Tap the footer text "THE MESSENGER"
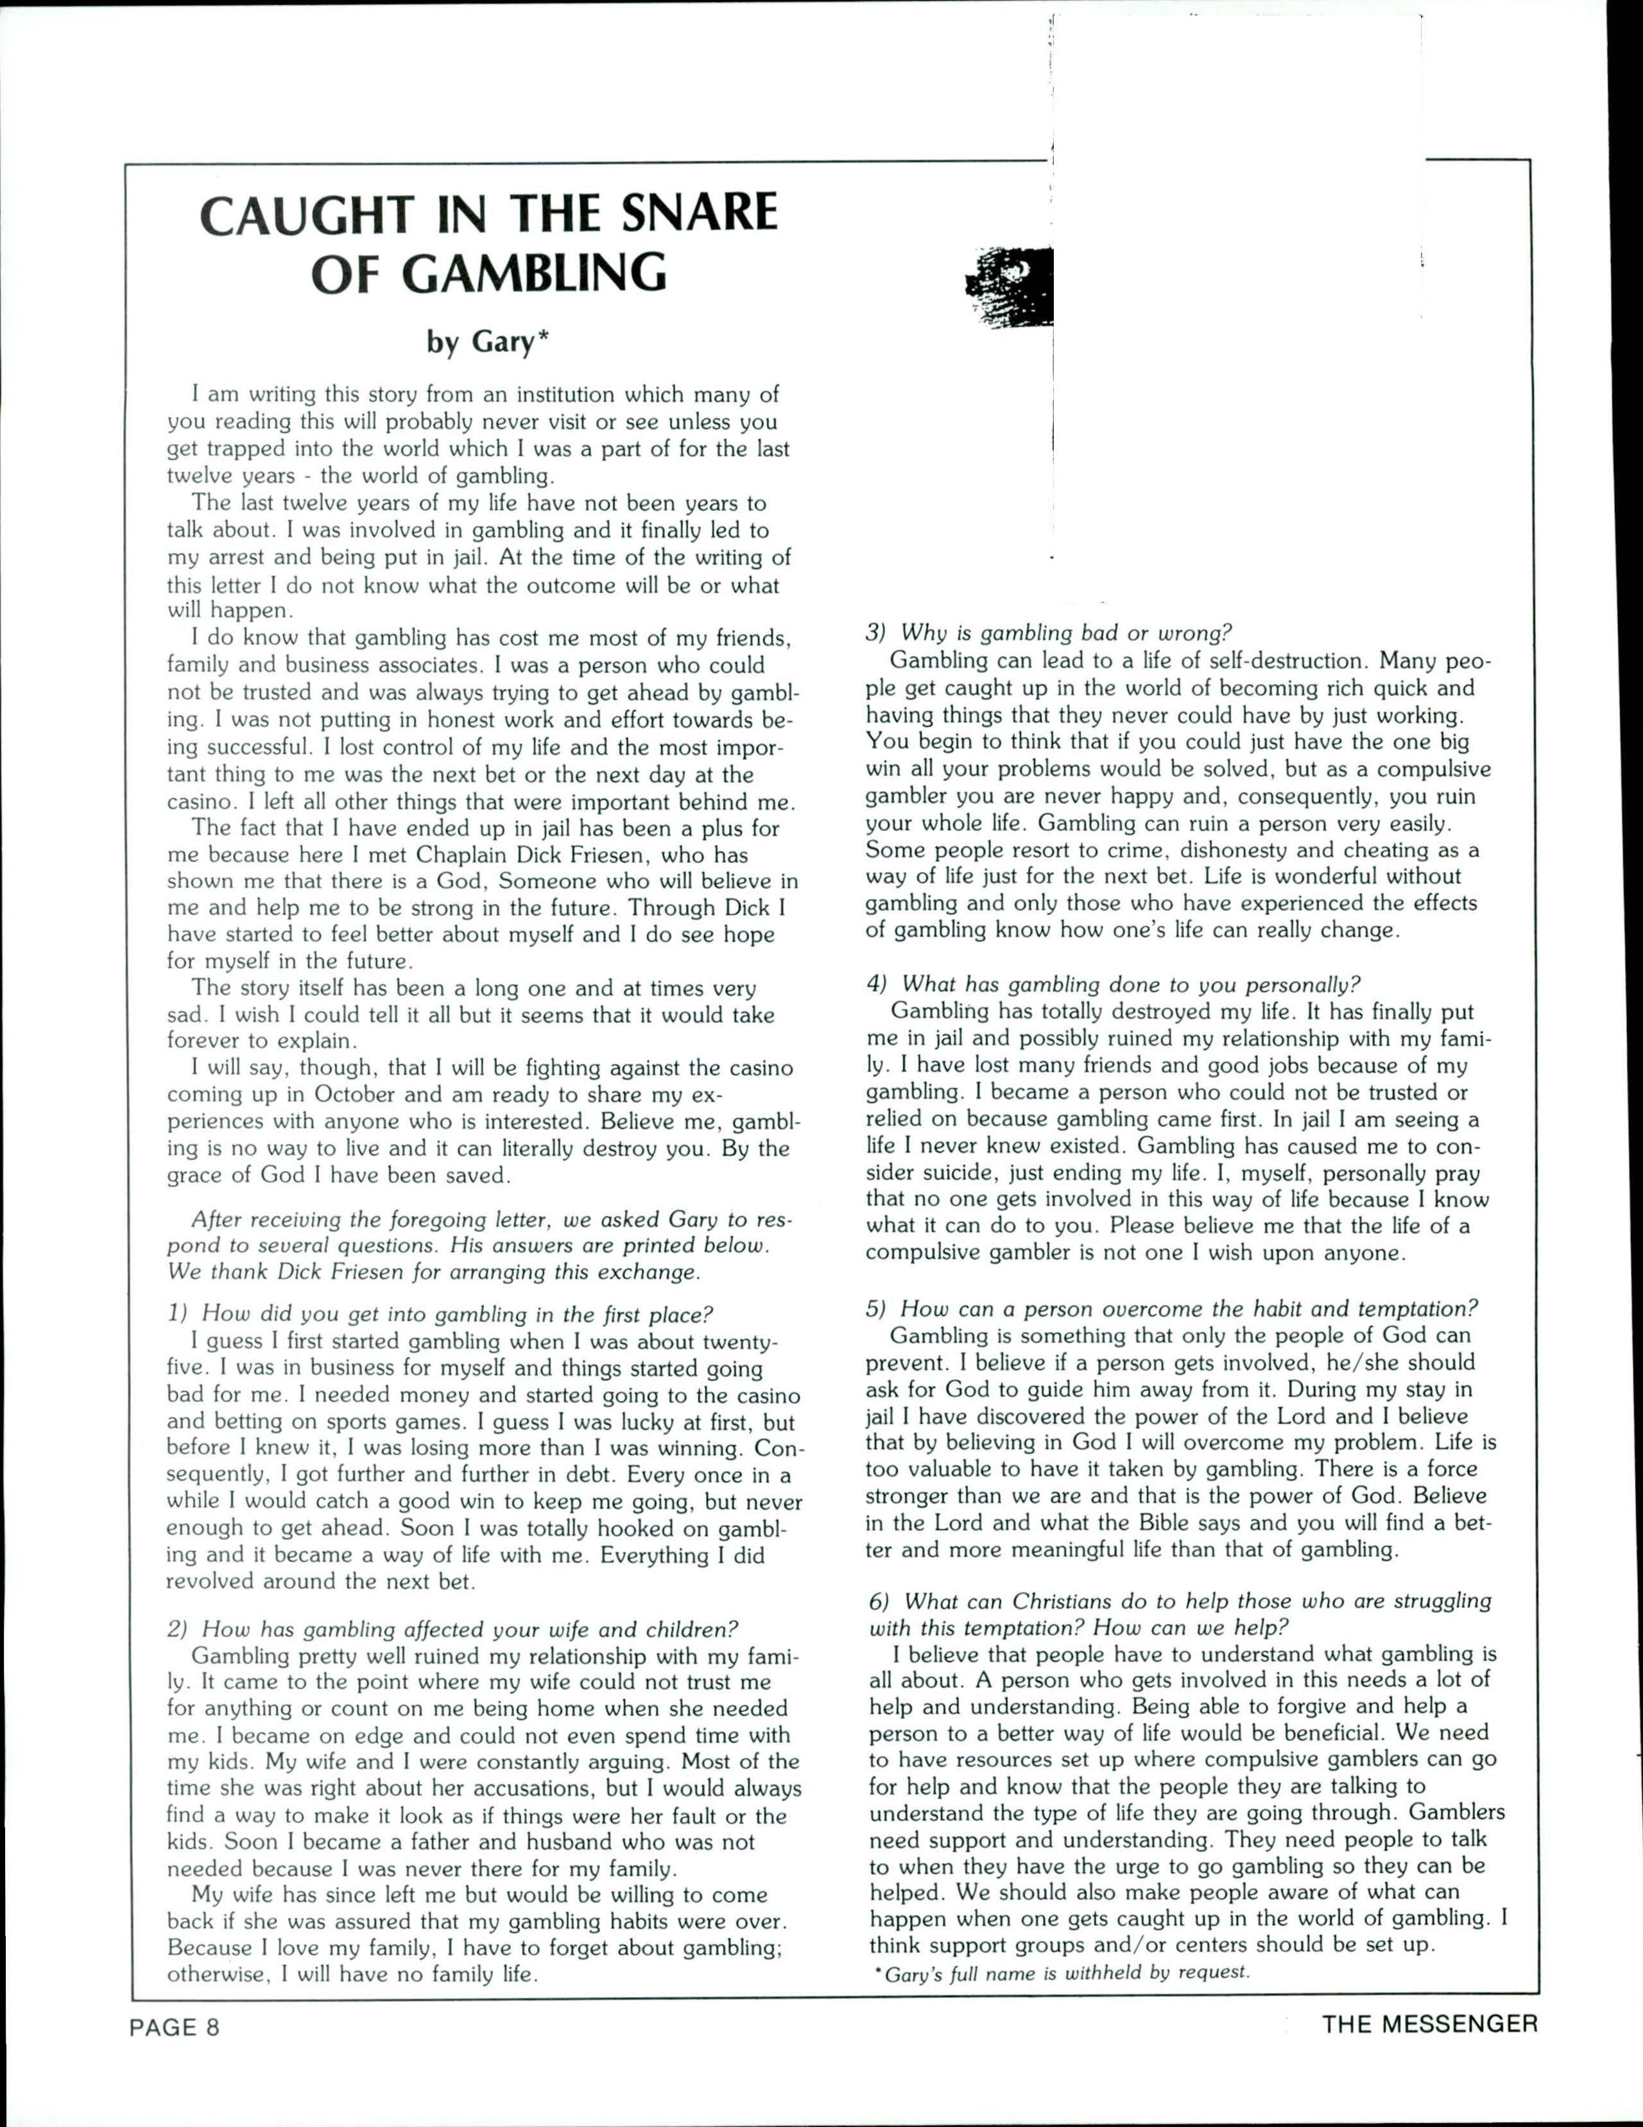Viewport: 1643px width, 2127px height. pos(1429,2023)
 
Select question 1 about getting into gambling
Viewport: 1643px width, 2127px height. pos(443,1314)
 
